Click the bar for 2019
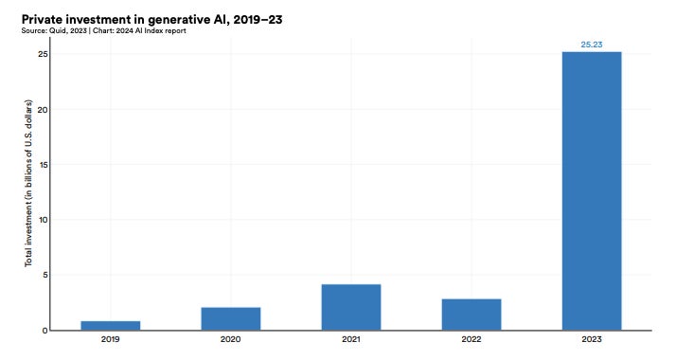(x=111, y=325)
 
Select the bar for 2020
(x=231, y=318)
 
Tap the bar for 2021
(x=351, y=307)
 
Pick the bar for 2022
(x=471, y=314)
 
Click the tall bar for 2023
(x=592, y=190)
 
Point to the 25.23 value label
(x=592, y=44)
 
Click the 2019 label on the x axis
(x=111, y=338)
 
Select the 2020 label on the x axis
(x=231, y=338)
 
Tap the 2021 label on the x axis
(x=351, y=338)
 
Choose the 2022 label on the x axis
(x=471, y=338)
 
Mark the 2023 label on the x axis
(x=592, y=338)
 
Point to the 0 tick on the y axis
(x=44, y=330)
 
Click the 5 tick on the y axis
(x=44, y=275)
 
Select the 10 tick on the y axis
(x=43, y=220)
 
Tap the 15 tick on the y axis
(x=43, y=165)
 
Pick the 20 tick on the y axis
(x=43, y=110)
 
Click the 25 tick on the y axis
(x=43, y=55)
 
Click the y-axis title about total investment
(x=27, y=190)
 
